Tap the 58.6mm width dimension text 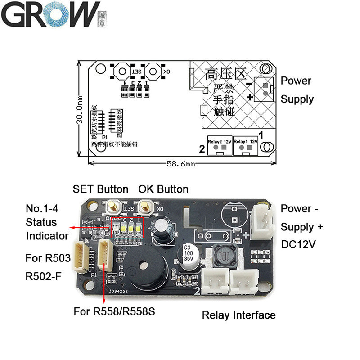179,164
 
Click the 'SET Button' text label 100,189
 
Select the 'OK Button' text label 163,189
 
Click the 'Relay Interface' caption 238,315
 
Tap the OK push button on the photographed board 145,207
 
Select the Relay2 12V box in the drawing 220,144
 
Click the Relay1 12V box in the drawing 246,144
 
